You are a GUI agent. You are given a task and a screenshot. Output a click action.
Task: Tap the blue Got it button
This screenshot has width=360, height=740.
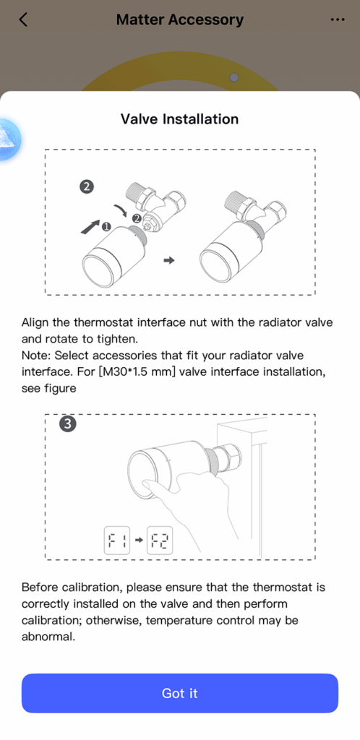(x=180, y=693)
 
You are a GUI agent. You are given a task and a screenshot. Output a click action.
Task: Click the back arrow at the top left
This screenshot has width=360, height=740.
(x=23, y=20)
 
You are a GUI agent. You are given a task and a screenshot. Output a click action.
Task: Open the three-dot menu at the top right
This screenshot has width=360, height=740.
(x=338, y=20)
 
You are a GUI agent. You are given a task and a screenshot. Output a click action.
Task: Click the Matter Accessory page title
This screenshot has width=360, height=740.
(x=180, y=20)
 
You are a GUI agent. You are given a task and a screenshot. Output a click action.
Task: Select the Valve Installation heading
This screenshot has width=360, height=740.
(x=180, y=119)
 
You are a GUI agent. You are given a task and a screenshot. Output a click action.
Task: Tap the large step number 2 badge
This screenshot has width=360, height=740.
(x=86, y=187)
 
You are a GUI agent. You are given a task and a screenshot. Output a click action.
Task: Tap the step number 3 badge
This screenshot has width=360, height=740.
(x=68, y=423)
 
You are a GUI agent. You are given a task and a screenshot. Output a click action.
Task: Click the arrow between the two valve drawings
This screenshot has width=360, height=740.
(x=169, y=260)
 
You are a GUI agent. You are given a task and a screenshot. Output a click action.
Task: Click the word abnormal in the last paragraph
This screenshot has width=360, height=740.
(x=48, y=636)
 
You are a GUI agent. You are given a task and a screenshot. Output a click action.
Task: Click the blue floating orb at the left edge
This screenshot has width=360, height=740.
(x=7, y=141)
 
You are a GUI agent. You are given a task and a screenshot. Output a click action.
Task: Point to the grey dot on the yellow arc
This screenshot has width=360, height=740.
(x=234, y=77)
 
